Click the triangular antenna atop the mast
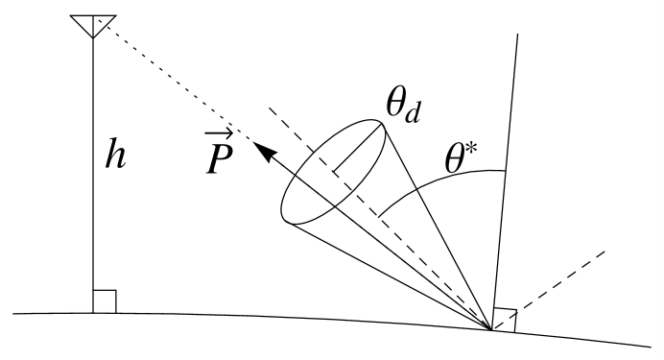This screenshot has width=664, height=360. click(93, 24)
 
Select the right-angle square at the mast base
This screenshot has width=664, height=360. click(105, 301)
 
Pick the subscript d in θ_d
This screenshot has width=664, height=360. click(414, 112)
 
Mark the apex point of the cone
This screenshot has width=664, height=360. click(492, 330)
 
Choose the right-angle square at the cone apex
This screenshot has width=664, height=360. click(504, 319)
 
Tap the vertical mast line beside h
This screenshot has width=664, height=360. click(93, 192)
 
